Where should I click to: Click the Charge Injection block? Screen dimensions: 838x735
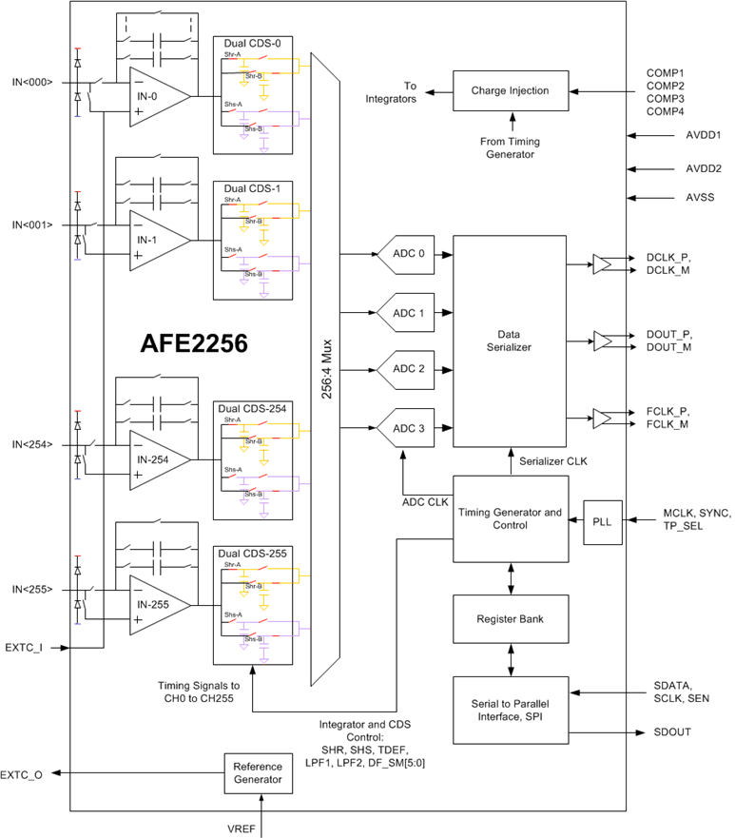pyautogui.click(x=510, y=91)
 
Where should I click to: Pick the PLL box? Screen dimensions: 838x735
pyautogui.click(x=603, y=520)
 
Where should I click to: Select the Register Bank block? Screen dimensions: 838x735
pyautogui.click(x=509, y=619)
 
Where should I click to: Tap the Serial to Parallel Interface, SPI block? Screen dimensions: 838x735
pyautogui.click(x=509, y=709)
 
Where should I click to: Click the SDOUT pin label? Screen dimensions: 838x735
pyautogui.click(x=672, y=731)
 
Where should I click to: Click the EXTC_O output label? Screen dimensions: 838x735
pyautogui.click(x=22, y=774)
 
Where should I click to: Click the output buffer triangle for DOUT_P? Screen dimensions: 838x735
pyautogui.click(x=603, y=339)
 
